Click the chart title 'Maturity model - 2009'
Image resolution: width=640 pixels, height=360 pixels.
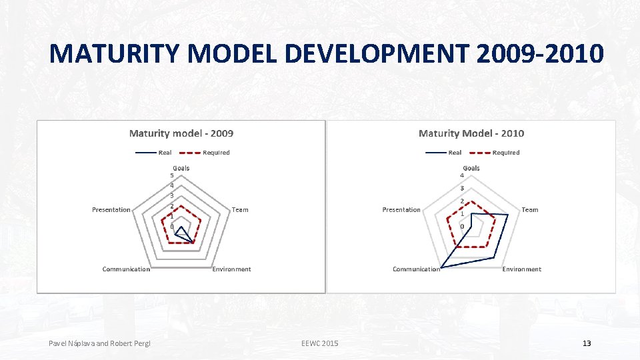click(x=181, y=133)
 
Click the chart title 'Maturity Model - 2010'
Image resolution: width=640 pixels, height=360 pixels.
click(x=471, y=133)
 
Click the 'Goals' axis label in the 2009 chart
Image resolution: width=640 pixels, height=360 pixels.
click(x=181, y=168)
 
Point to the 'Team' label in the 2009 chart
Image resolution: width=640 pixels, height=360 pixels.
click(x=240, y=210)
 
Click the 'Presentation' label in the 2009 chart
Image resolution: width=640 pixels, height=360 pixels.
click(x=111, y=210)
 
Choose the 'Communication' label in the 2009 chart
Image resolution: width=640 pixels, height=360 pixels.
click(x=126, y=269)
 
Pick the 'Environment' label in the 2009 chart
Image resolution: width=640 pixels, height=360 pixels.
click(x=231, y=269)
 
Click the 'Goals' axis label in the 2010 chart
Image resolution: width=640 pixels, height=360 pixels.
click(x=471, y=168)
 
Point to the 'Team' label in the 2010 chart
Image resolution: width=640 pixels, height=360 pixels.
click(x=530, y=210)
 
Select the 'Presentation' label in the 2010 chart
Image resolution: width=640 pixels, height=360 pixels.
click(x=401, y=210)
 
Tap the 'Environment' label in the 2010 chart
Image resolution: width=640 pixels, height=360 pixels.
click(x=521, y=269)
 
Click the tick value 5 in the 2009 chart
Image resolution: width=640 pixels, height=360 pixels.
click(x=172, y=175)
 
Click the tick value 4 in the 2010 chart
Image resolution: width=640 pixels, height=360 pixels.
click(x=462, y=175)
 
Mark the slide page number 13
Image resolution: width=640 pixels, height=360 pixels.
click(x=587, y=343)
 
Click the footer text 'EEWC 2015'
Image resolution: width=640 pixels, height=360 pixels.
click(x=319, y=343)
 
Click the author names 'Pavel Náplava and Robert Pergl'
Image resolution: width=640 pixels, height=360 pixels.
click(x=99, y=343)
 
